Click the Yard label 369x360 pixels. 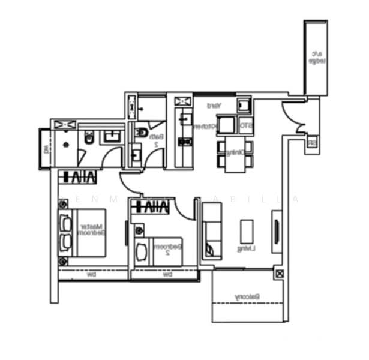[214, 106]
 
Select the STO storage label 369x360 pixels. [245, 126]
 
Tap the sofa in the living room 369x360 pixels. [212, 231]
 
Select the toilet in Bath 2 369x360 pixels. [140, 131]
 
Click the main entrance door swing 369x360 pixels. [295, 116]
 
